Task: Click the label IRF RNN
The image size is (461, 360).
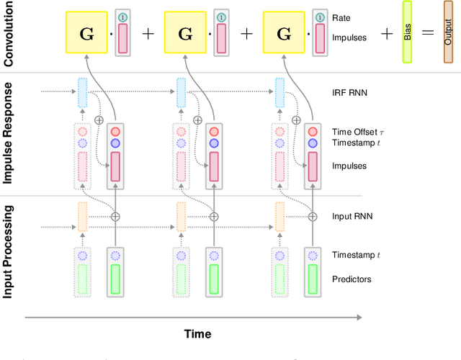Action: pyautogui.click(x=349, y=93)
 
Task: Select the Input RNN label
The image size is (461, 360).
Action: pyautogui.click(x=352, y=215)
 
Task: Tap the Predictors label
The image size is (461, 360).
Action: pyautogui.click(x=352, y=279)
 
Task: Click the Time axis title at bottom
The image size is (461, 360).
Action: pyautogui.click(x=197, y=334)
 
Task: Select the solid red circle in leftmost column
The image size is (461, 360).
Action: pyautogui.click(x=114, y=132)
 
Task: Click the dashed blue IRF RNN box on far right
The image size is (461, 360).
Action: pyautogui.click(x=279, y=93)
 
